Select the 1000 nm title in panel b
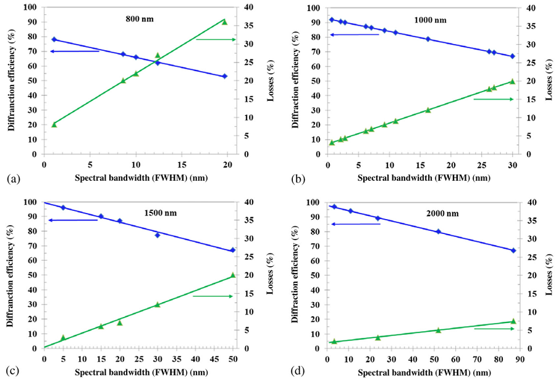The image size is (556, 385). click(431, 20)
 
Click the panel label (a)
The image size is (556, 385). click(13, 179)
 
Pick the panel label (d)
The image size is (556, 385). click(298, 373)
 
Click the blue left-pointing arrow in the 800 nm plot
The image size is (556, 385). click(74, 51)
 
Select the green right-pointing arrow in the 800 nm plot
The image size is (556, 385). click(216, 40)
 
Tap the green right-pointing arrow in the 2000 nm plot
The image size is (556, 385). click(494, 329)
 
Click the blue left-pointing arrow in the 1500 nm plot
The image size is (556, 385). click(73, 220)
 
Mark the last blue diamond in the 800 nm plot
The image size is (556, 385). click(225, 76)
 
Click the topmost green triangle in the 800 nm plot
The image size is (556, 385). click(225, 22)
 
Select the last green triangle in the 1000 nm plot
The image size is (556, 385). click(512, 81)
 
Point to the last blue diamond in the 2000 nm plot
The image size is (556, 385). click(513, 250)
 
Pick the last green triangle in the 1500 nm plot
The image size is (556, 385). click(233, 275)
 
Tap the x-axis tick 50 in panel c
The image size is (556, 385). click(233, 358)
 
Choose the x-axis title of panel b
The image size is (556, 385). click(419, 178)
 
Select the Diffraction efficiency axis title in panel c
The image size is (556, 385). click(11, 275)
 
